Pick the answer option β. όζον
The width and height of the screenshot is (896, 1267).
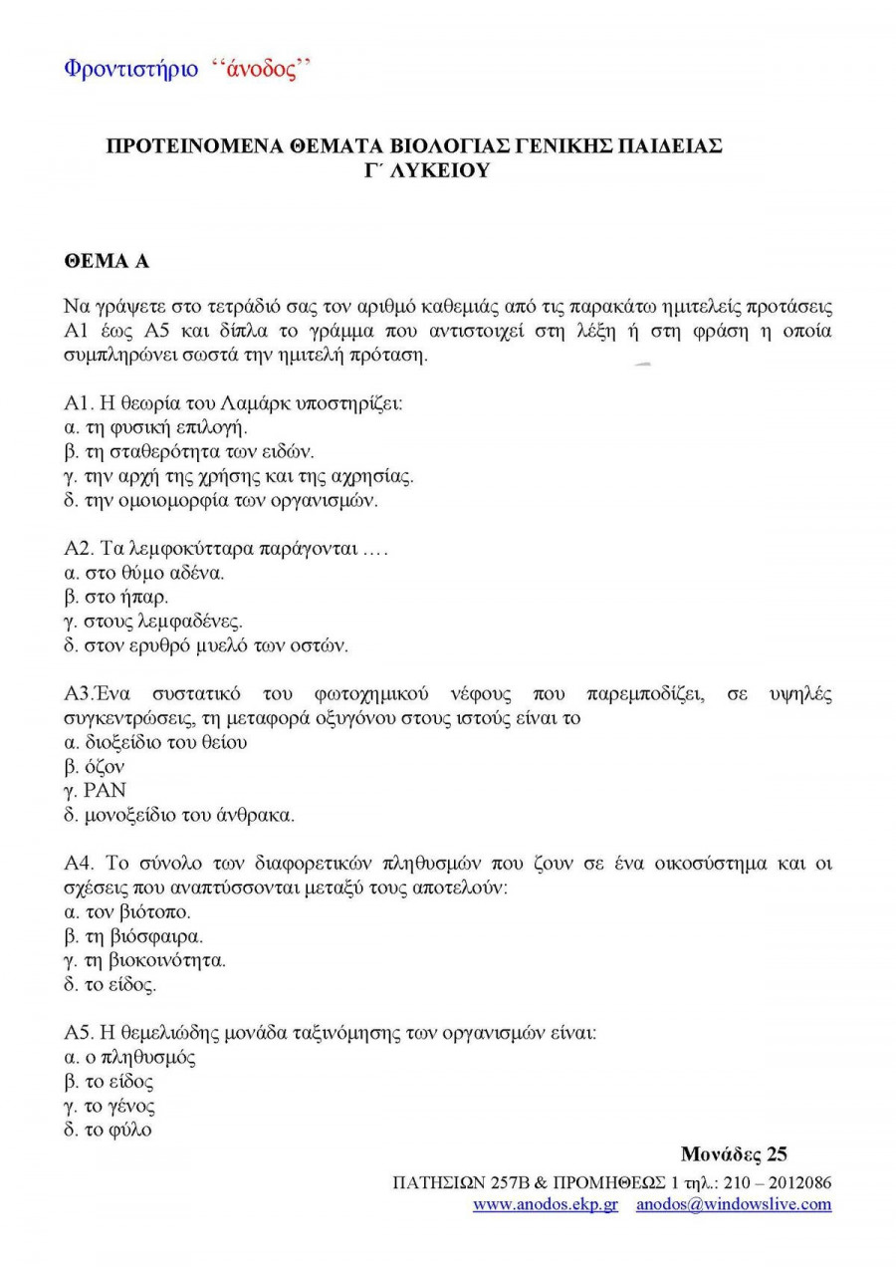[x=94, y=767]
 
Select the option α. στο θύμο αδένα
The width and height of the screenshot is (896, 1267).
[x=143, y=573]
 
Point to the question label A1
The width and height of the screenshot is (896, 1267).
[x=78, y=403]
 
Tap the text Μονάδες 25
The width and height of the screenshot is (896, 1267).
[x=734, y=1154]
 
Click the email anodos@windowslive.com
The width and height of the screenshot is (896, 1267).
[x=734, y=1204]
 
